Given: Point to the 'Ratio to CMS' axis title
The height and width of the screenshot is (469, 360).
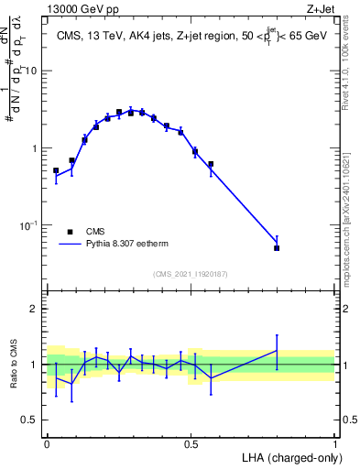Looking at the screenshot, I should (x=13, y=365).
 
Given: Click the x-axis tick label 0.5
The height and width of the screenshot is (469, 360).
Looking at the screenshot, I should (x=191, y=442).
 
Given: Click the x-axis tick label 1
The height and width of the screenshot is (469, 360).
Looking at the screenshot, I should (x=334, y=442).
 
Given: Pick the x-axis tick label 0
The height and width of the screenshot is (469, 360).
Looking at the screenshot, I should (x=47, y=442).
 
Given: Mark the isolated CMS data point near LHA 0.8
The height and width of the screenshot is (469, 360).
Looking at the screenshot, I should (x=277, y=248).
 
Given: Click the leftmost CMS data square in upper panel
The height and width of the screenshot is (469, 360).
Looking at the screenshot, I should (x=56, y=170).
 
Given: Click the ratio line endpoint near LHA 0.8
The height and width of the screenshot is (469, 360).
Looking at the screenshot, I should (x=277, y=350).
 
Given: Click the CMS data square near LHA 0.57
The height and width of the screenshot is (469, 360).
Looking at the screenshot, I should (x=211, y=164).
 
